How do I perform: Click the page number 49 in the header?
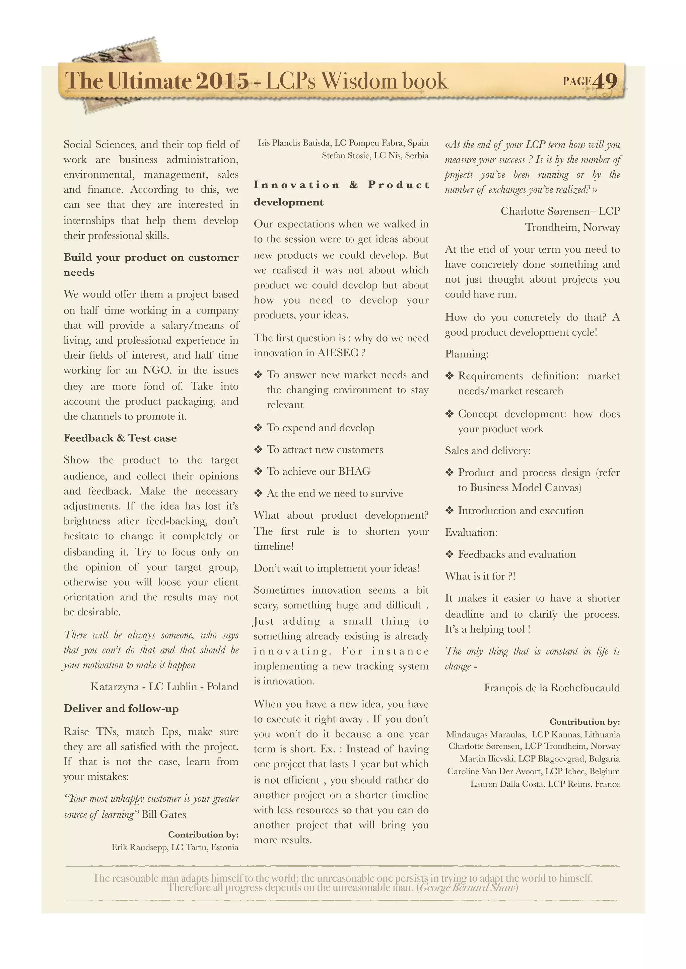coord(605,81)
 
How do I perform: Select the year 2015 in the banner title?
coord(222,81)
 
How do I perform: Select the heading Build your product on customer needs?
coord(151,265)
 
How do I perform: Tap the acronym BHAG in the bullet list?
coord(354,471)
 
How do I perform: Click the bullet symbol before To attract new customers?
coord(258,450)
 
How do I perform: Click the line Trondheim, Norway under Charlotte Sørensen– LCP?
coord(572,228)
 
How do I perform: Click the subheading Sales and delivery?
coord(487,451)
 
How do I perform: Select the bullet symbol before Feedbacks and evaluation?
coord(450,554)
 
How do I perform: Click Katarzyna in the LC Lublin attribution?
coord(115,687)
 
